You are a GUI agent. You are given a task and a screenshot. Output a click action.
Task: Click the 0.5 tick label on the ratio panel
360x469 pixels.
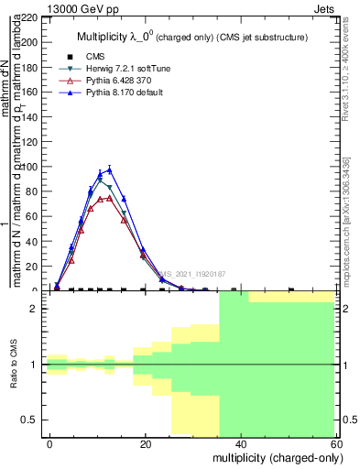27,420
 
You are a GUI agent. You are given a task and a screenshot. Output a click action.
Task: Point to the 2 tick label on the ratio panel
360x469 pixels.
33,309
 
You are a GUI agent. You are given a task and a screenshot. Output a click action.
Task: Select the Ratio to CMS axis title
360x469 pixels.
15,365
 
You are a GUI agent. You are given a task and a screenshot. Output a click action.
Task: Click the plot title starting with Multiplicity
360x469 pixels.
191,37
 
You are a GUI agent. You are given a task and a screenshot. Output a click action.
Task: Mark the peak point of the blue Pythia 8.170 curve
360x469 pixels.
110,169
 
